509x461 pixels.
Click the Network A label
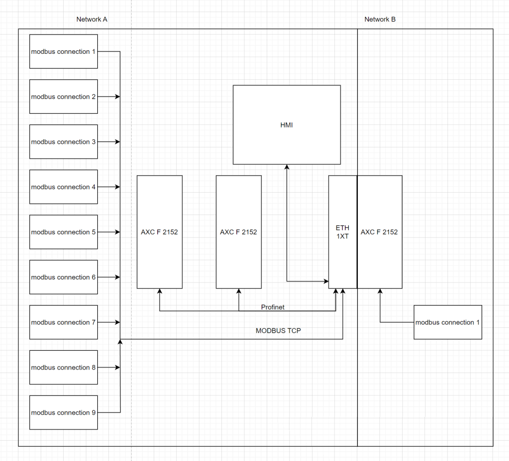click(92, 19)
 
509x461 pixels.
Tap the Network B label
click(380, 19)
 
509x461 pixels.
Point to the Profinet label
click(273, 307)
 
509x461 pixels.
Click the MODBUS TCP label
click(278, 331)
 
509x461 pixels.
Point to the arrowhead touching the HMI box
click(287, 167)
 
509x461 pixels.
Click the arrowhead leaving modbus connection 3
click(118, 142)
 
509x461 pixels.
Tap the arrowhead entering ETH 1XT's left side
click(326, 281)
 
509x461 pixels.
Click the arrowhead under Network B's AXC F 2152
click(380, 291)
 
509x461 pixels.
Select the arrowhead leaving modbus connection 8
click(118, 367)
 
